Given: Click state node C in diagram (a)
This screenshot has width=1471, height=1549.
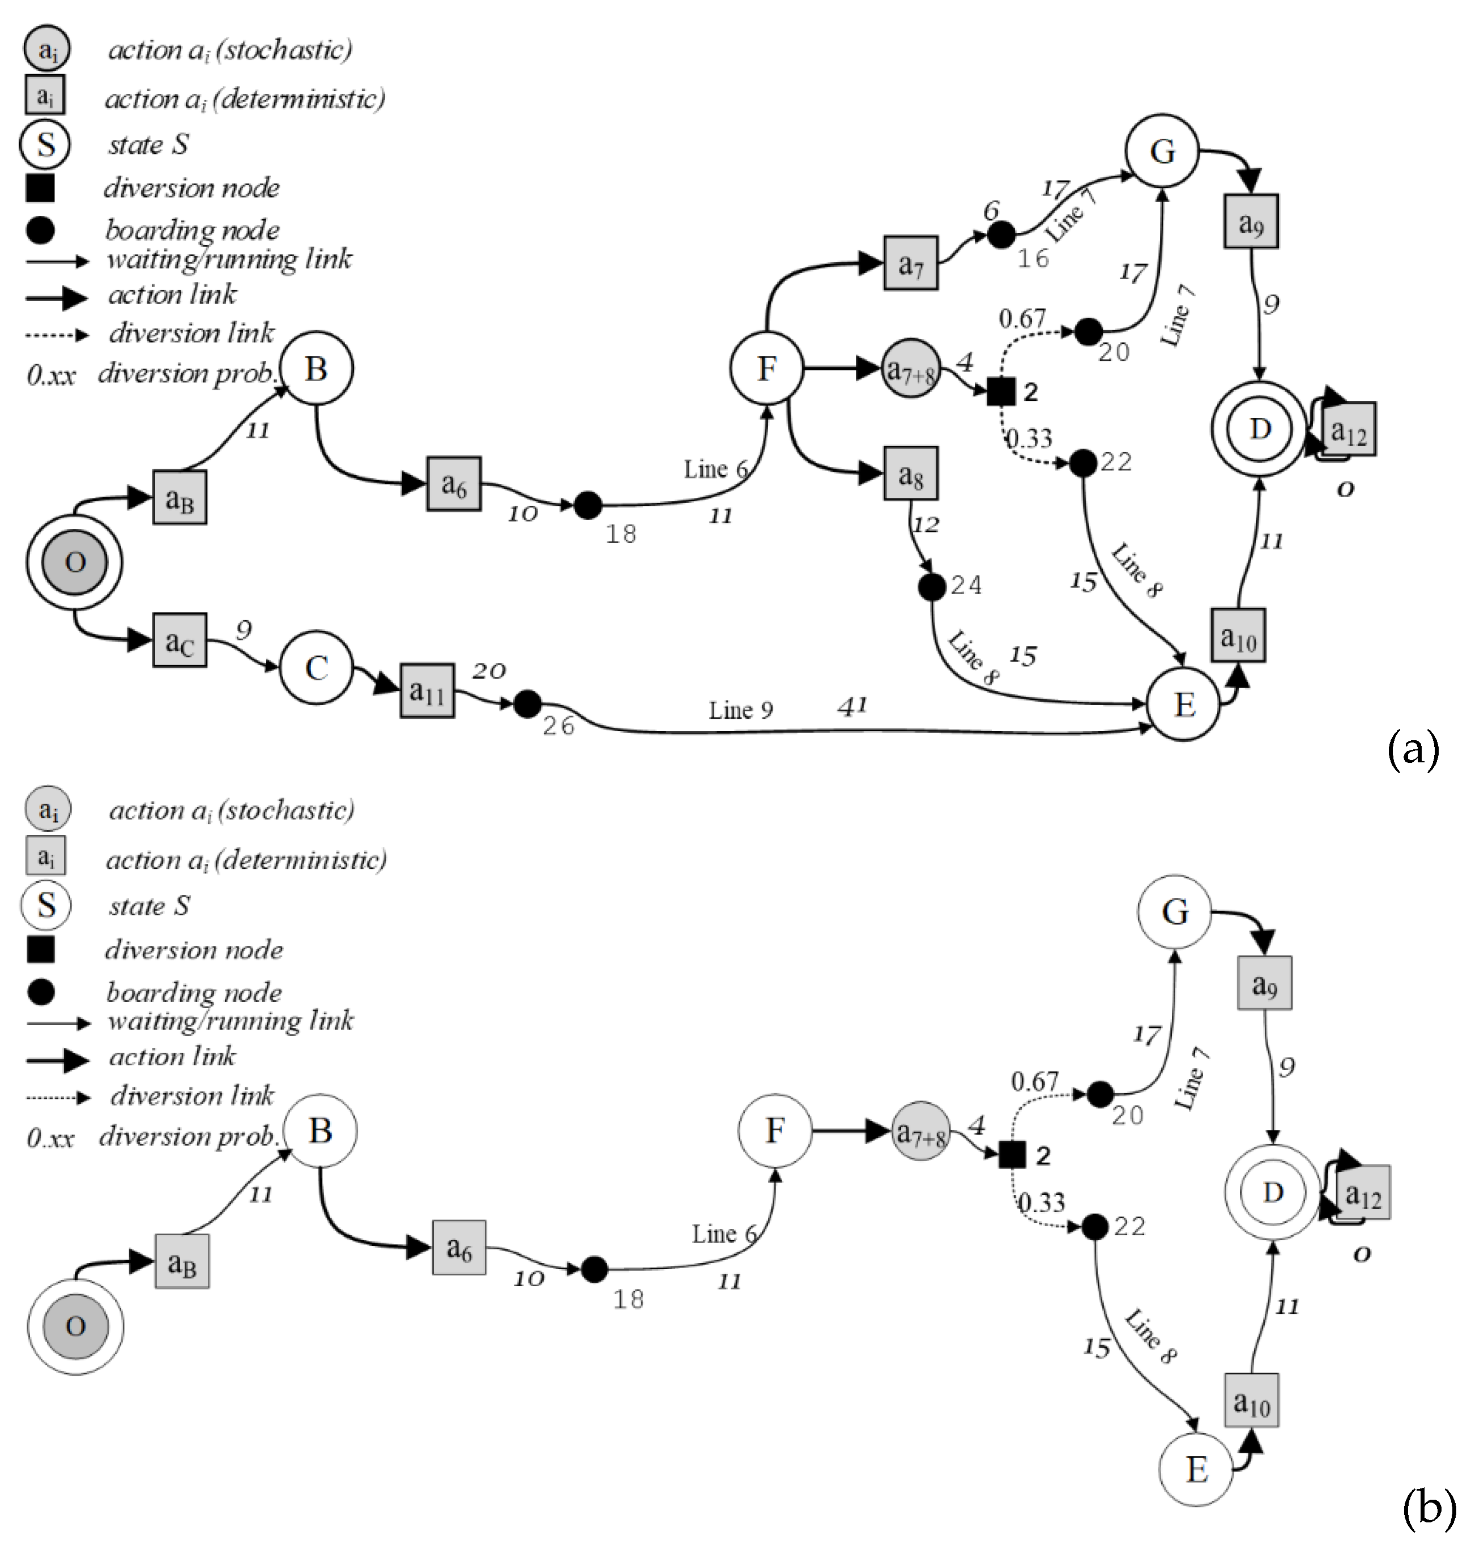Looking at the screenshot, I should pos(316,668).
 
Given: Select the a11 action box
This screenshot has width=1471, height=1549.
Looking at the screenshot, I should pos(427,690).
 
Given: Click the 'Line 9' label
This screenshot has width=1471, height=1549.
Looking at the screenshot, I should pos(740,710).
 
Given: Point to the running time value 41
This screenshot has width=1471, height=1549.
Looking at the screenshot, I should pos(852,706).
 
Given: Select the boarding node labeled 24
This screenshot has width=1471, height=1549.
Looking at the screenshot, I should pos(932,586).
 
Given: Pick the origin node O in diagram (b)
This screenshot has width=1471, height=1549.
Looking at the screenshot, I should pos(75,1326).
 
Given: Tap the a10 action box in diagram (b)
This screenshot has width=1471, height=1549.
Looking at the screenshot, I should pos(1251,1401).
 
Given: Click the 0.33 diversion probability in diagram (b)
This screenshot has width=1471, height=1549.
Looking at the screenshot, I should pos(1041,1202).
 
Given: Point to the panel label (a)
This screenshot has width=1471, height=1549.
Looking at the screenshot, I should pos(1414,749).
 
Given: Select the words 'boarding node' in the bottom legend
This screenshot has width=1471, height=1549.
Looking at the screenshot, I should pos(194,992).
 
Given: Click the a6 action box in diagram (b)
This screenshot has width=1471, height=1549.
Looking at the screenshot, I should pos(459,1247).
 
